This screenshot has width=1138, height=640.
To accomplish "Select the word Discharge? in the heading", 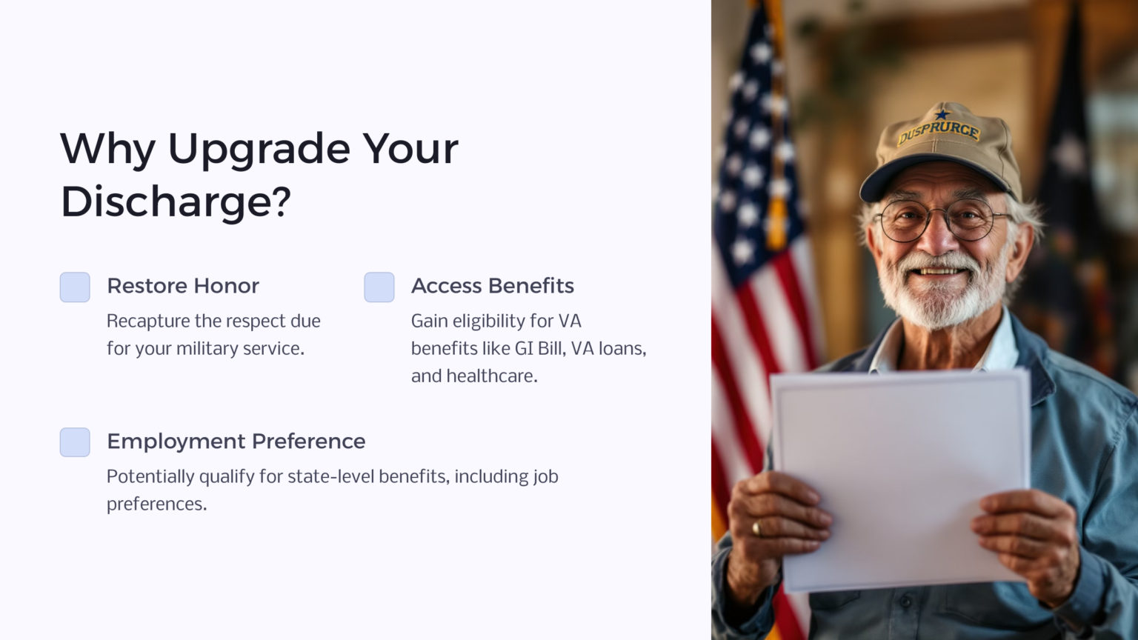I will (x=176, y=201).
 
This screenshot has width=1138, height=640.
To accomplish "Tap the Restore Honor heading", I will (x=183, y=286).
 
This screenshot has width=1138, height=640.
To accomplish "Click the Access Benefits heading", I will (x=493, y=286).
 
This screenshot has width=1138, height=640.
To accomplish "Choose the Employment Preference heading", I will (x=236, y=441).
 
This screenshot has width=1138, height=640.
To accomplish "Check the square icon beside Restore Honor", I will (x=75, y=287).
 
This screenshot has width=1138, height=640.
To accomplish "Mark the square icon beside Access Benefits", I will (x=379, y=287).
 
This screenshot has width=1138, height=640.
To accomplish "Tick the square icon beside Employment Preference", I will (x=75, y=442).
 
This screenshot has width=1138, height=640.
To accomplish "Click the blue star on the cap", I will (x=942, y=114).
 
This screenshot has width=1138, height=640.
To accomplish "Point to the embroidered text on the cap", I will (x=939, y=132).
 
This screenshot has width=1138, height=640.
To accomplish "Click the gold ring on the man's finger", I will (x=756, y=528).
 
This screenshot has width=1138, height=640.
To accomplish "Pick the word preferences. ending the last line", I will (x=156, y=504).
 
